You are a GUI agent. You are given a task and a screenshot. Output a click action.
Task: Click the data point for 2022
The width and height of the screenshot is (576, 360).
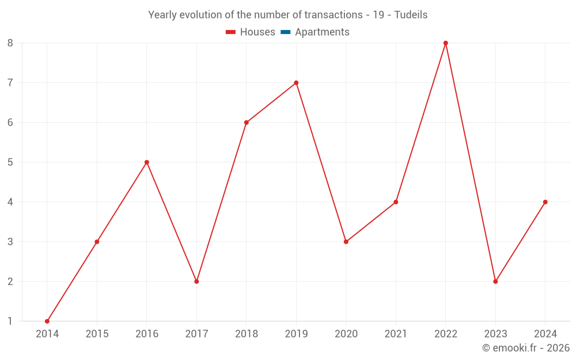(x=446, y=43)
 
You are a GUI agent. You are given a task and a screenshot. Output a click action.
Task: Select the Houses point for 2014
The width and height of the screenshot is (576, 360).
(x=47, y=321)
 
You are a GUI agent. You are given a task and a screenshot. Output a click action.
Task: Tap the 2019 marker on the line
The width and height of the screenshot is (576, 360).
(x=296, y=83)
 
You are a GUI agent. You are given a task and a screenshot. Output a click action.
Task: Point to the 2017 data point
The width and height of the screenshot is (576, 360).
(x=196, y=282)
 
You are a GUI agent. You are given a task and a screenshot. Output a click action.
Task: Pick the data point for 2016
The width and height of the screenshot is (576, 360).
(x=147, y=162)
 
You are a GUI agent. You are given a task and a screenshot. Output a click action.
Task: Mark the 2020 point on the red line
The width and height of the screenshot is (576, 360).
(x=346, y=242)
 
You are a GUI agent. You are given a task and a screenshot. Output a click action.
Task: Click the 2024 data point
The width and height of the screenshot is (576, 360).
(x=545, y=202)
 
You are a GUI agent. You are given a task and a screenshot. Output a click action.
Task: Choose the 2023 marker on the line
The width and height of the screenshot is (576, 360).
(x=495, y=282)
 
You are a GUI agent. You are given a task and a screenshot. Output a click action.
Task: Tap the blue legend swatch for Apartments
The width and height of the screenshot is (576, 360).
(x=285, y=32)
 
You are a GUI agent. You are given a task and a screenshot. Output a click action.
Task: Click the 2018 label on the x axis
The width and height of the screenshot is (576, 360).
(x=247, y=334)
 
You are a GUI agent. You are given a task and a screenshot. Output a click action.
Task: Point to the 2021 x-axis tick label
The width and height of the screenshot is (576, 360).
(x=396, y=334)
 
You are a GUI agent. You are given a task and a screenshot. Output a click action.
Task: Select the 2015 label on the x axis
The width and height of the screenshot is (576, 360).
(x=97, y=334)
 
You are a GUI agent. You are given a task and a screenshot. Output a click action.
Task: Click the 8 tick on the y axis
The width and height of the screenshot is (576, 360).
(x=10, y=43)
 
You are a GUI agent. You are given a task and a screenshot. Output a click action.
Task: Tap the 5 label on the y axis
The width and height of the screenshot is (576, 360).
(x=10, y=162)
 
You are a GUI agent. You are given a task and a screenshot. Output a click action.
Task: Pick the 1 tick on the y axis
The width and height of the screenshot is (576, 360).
(x=10, y=321)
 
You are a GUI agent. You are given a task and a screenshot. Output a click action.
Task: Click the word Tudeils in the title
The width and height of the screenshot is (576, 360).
(x=411, y=15)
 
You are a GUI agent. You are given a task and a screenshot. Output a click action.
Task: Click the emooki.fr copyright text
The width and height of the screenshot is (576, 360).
(x=526, y=348)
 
